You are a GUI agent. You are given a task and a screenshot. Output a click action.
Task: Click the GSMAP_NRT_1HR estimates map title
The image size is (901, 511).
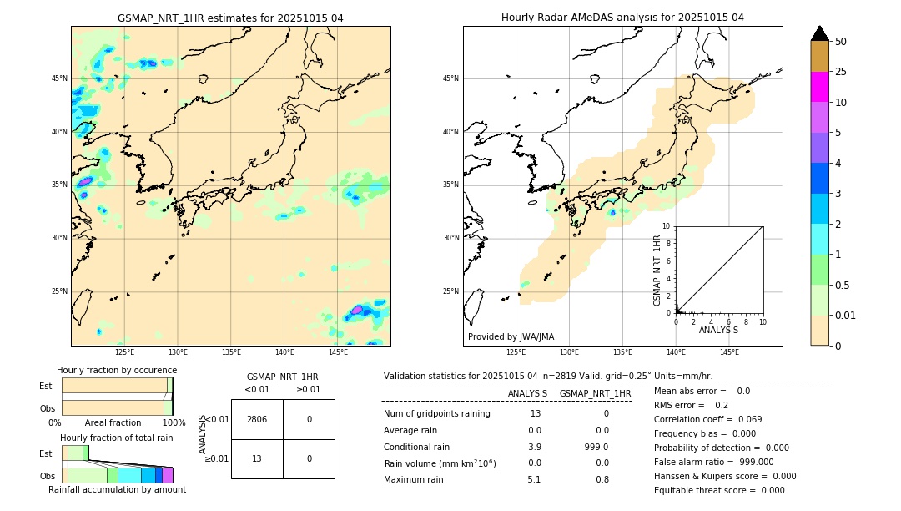click(230, 18)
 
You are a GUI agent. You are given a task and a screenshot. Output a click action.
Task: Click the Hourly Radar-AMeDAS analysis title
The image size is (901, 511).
click(622, 18)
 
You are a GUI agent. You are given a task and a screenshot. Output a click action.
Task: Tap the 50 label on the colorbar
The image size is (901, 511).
click(841, 42)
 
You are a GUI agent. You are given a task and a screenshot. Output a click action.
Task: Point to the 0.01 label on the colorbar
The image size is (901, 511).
click(846, 315)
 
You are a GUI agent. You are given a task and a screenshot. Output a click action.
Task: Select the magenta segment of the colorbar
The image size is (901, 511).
click(819, 87)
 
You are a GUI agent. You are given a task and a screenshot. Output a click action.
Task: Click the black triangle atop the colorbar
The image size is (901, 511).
click(819, 33)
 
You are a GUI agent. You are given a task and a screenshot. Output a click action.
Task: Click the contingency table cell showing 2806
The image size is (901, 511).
click(257, 419)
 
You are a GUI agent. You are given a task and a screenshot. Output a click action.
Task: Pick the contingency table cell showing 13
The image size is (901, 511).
click(257, 458)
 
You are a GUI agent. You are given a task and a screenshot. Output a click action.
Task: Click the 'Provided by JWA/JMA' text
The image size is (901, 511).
click(511, 336)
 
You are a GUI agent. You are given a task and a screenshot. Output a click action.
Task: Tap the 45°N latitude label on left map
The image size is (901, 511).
click(59, 78)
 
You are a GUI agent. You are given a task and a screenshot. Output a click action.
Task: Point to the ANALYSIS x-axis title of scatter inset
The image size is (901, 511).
click(718, 330)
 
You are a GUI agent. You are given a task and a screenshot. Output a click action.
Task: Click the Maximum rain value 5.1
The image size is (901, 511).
click(534, 479)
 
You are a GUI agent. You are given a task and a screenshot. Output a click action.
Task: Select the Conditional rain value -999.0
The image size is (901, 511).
click(595, 447)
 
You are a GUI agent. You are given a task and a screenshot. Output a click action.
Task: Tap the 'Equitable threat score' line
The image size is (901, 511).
click(720, 490)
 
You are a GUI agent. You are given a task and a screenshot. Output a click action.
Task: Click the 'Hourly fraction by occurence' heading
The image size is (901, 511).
click(117, 370)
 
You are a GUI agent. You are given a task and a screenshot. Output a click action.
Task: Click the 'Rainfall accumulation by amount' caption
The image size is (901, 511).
click(117, 489)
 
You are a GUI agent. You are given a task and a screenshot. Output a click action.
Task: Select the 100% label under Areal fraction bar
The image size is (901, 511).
click(174, 423)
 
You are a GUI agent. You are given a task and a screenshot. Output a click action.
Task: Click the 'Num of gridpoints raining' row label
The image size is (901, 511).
click(437, 413)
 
